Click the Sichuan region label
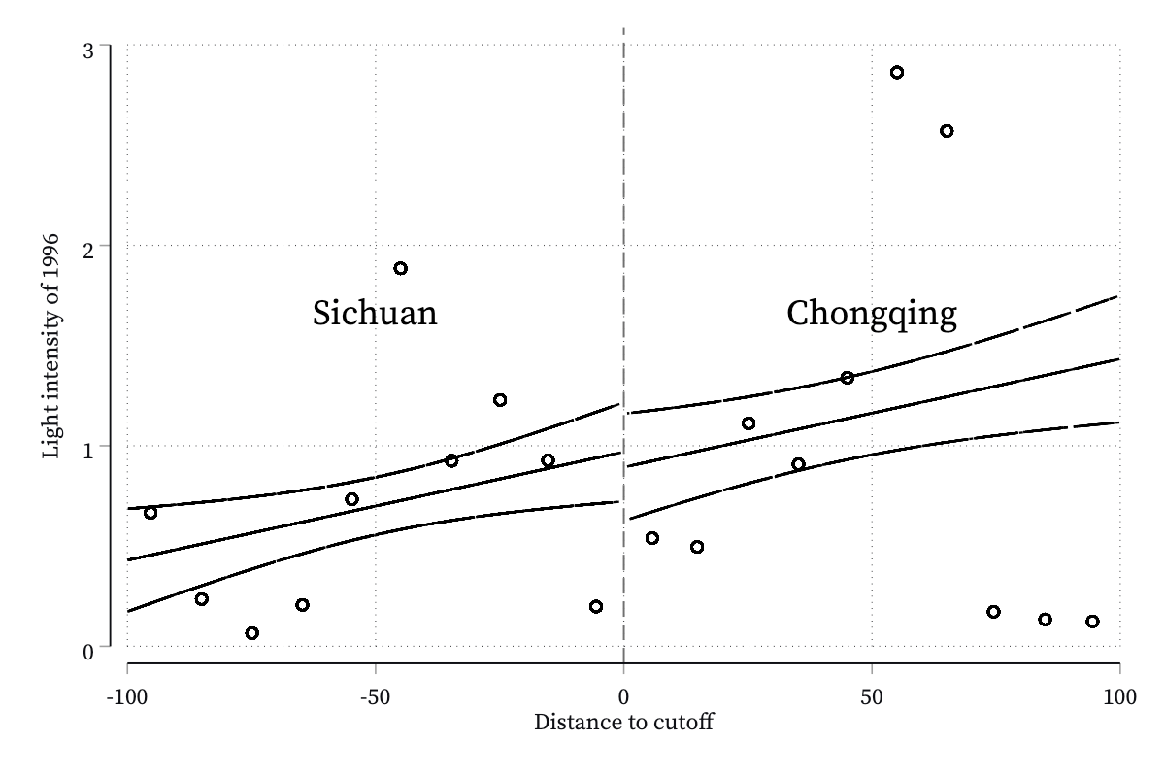point(375,314)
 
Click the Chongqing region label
point(872,315)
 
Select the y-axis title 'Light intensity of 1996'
point(50,347)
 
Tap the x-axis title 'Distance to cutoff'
point(623,722)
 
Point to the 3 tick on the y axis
point(88,51)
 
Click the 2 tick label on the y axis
point(88,251)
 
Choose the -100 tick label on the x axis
point(127,696)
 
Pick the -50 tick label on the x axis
point(375,696)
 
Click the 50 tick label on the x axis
point(872,696)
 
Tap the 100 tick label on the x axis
point(1119,696)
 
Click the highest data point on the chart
point(897,72)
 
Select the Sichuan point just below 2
point(400,268)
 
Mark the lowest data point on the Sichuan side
point(251,633)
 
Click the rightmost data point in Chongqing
point(1093,622)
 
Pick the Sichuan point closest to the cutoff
point(596,606)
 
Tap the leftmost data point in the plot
point(150,513)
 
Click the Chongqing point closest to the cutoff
point(652,538)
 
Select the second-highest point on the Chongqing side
point(947,131)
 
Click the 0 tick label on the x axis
point(623,696)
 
